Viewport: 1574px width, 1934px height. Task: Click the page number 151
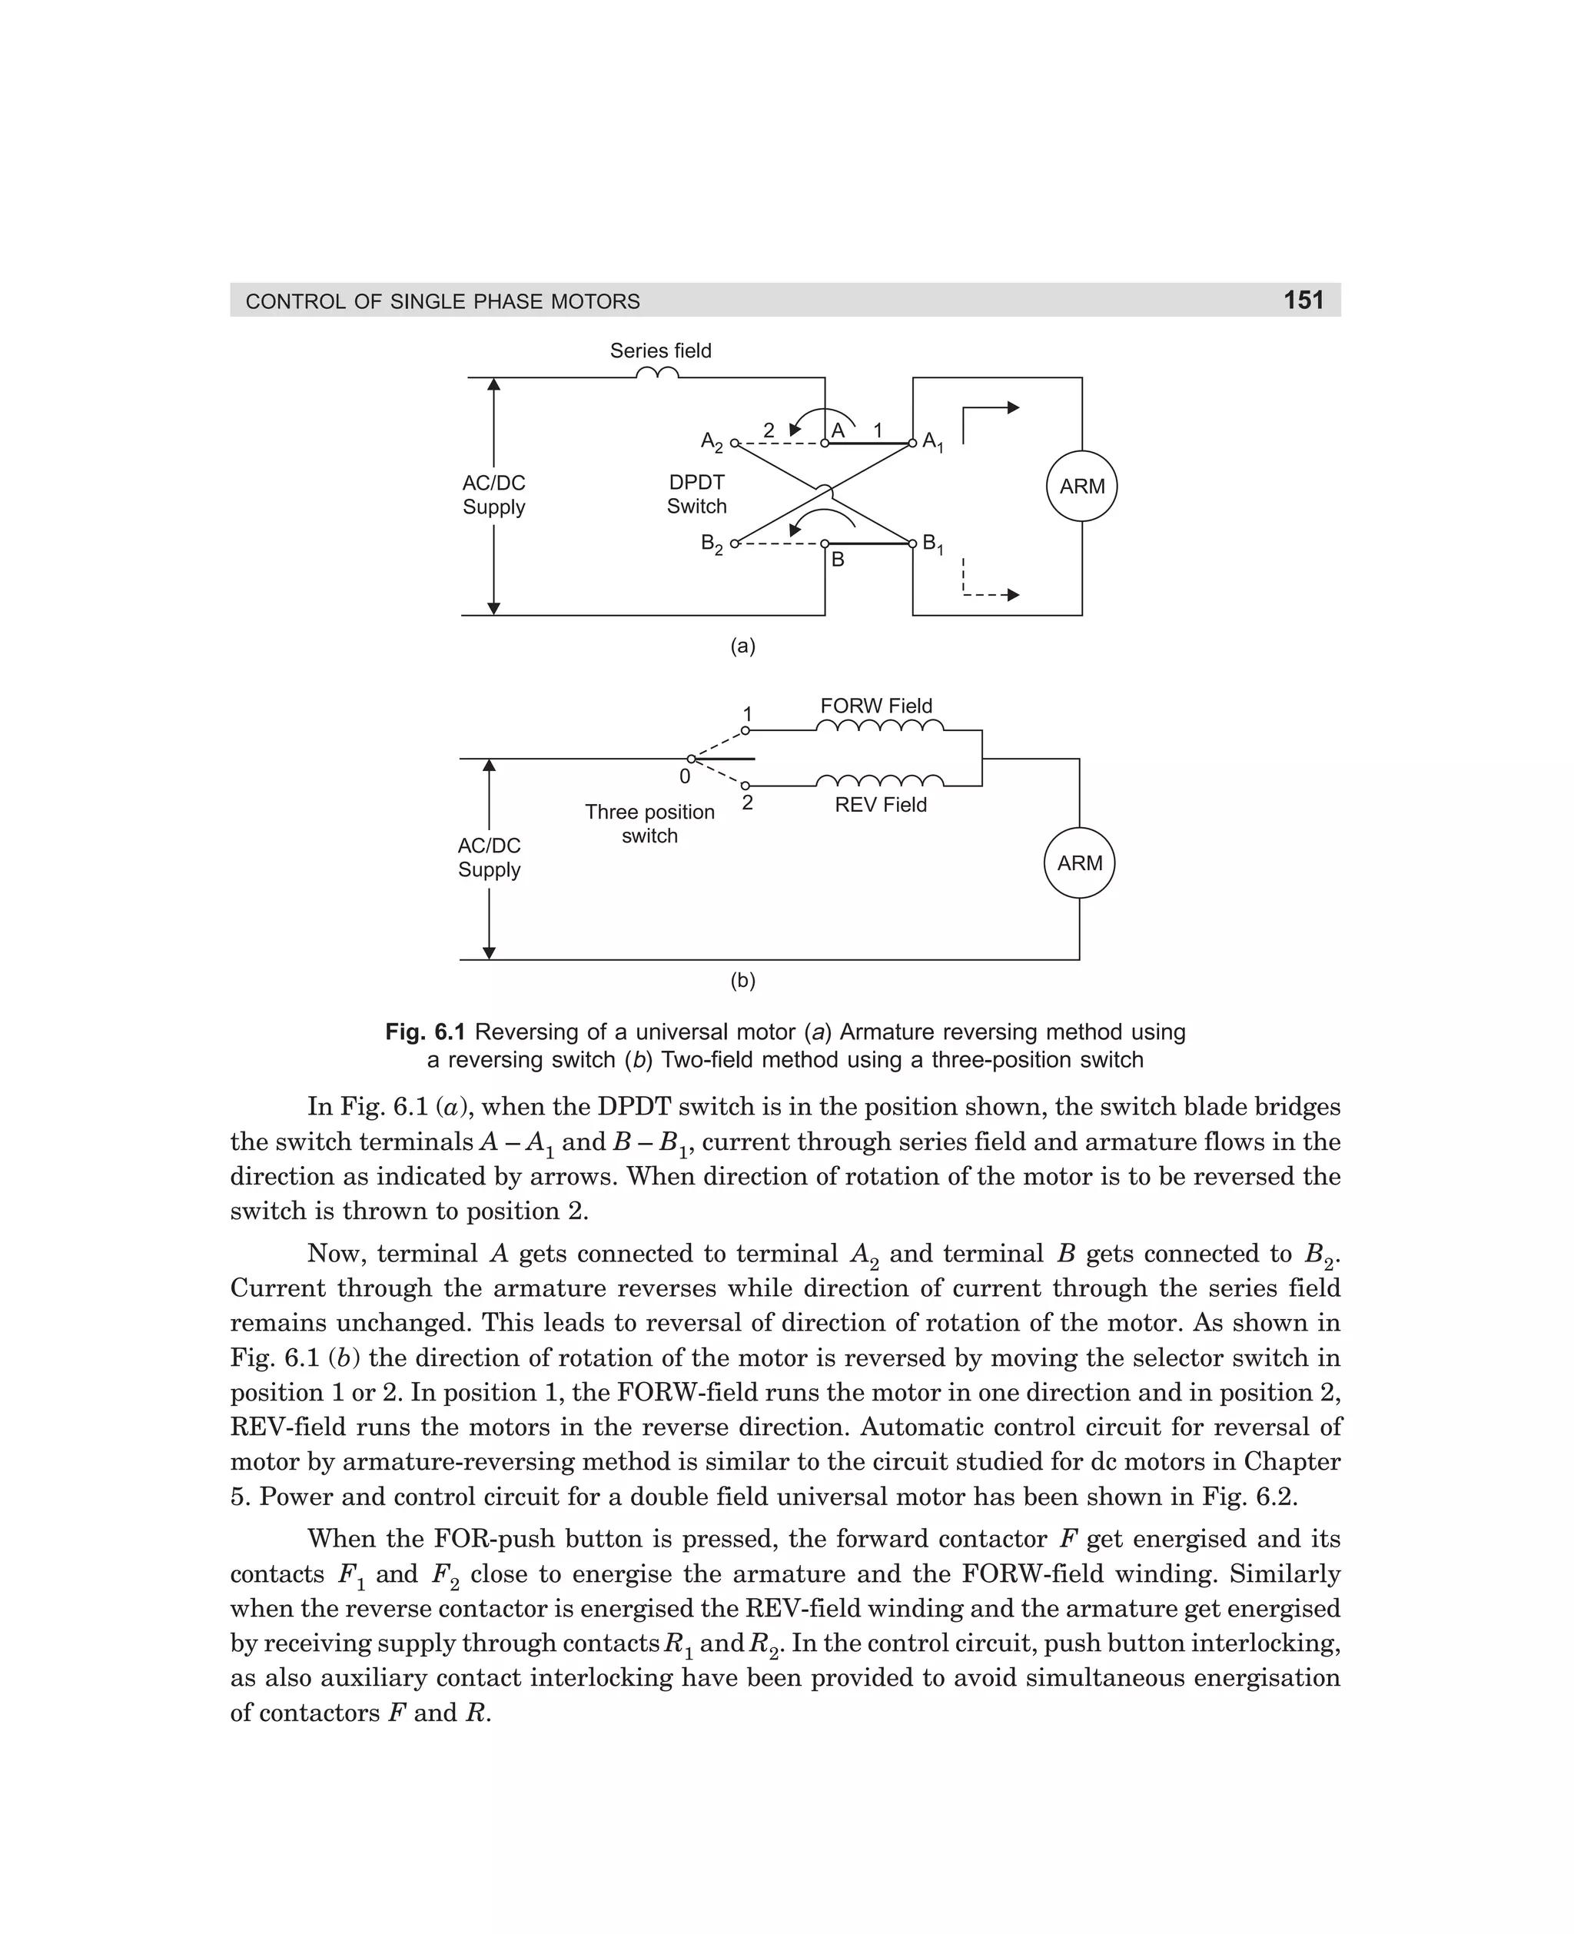coord(1303,300)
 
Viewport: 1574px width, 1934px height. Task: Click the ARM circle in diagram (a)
coord(1081,486)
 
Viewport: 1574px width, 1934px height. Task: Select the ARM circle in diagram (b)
coord(1079,862)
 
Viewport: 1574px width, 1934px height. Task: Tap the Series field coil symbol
coord(657,374)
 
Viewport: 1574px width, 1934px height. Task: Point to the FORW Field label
coord(876,706)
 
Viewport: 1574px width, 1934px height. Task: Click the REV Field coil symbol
coord(879,781)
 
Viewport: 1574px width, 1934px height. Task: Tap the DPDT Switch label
coord(696,494)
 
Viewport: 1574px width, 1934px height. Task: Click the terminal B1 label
coord(933,544)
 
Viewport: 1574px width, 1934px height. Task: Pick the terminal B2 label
coord(712,544)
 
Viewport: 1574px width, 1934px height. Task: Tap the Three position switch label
coord(649,823)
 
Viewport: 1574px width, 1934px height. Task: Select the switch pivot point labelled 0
coord(691,759)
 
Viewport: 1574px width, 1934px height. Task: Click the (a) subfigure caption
coord(742,646)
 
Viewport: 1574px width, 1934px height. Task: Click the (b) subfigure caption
coord(742,980)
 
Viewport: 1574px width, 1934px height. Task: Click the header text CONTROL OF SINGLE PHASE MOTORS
coord(443,301)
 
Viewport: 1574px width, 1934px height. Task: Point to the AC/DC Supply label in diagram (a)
coord(493,495)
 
